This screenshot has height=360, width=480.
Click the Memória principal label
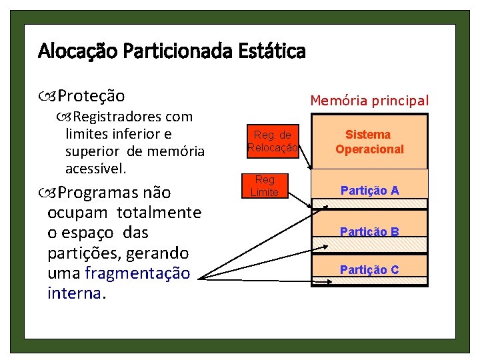(369, 101)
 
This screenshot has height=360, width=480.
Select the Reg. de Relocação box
(272, 141)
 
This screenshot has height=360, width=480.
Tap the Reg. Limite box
(265, 186)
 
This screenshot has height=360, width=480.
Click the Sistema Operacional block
(369, 142)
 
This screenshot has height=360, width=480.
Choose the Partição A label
(369, 191)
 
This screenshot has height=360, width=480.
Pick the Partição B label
(369, 232)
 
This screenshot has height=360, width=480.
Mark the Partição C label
(369, 270)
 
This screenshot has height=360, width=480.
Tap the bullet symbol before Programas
(52, 193)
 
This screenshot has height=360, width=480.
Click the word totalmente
(159, 213)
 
